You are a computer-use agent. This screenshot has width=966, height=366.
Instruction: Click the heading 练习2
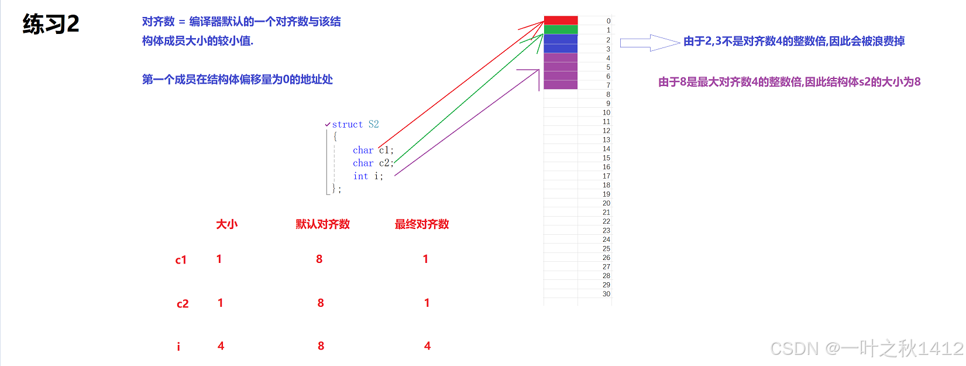[51, 24]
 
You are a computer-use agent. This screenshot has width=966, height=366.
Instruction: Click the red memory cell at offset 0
[561, 20]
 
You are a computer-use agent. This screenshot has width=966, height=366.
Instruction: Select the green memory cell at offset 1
[561, 30]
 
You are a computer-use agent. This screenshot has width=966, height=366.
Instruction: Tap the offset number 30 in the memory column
[606, 294]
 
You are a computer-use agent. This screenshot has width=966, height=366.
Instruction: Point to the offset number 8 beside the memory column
[608, 94]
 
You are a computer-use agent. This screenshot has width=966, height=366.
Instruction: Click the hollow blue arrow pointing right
[649, 43]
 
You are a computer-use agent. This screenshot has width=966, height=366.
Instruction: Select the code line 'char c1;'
[373, 150]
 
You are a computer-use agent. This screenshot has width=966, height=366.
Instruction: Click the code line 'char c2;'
[373, 163]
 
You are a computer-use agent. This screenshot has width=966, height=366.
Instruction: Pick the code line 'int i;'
[368, 176]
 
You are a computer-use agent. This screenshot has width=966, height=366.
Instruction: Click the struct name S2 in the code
[373, 124]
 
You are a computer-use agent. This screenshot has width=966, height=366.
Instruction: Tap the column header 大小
[226, 224]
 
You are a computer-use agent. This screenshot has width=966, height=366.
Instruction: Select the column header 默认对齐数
[322, 224]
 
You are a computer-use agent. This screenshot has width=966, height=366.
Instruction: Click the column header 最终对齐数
[422, 224]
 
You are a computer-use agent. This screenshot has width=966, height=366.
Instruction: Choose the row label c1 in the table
[181, 260]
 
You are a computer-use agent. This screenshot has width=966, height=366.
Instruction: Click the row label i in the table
[178, 347]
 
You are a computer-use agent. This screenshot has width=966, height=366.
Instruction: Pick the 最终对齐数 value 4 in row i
[427, 346]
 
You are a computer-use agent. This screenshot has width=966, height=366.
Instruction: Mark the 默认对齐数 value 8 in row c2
[321, 303]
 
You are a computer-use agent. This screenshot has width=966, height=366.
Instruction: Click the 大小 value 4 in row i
[221, 346]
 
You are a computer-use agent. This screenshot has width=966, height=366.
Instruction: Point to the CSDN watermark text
[866, 349]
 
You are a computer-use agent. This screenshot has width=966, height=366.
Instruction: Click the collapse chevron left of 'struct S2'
[328, 124]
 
